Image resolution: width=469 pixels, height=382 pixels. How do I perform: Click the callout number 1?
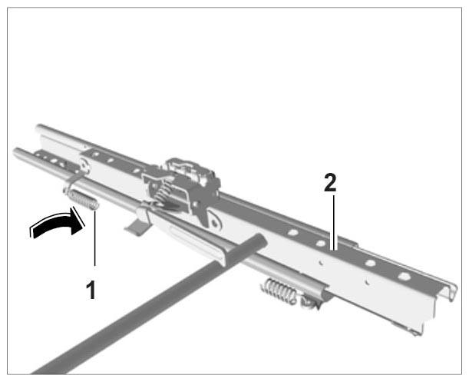tap(91, 290)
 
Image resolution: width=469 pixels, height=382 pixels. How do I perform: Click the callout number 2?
tap(330, 183)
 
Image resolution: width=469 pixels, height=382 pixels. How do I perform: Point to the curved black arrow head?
tap(77, 221)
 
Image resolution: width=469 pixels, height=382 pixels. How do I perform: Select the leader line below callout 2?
tap(334, 222)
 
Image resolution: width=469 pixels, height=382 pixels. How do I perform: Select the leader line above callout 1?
tap(95, 238)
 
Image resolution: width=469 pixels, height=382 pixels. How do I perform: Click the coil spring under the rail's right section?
tap(280, 291)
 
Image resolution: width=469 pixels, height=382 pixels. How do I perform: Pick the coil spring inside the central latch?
tap(161, 194)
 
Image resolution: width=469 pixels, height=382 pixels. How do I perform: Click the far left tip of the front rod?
tap(15, 151)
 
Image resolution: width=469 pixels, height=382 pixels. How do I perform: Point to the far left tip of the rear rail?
tap(38, 128)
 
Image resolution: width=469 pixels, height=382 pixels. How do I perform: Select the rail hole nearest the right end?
tap(404, 276)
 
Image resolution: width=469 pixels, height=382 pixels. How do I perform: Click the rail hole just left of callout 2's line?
tap(320, 242)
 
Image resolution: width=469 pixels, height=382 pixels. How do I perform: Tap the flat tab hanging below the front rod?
tap(136, 227)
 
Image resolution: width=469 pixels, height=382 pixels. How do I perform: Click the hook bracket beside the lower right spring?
tap(310, 303)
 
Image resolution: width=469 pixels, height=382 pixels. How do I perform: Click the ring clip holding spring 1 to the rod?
tap(72, 184)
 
